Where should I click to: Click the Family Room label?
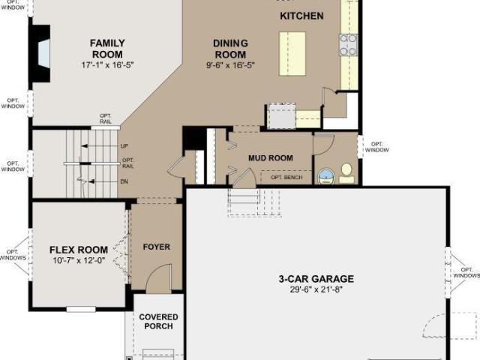[107, 49]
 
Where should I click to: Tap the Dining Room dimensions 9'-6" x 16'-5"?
[230, 65]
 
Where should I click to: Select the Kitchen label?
[301, 16]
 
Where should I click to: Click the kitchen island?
[292, 53]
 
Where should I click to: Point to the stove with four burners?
[348, 45]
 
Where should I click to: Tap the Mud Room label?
[271, 158]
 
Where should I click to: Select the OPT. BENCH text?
[286, 177]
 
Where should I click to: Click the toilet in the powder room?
[346, 173]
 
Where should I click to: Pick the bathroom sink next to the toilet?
[327, 177]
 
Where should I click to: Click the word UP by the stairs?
[124, 146]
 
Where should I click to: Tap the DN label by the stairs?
[124, 181]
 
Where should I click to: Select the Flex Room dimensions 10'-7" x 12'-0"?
[79, 260]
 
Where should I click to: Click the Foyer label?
[157, 247]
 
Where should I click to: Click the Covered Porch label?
[158, 322]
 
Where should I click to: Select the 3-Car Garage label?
[316, 279]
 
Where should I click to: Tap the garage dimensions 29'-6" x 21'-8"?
[316, 289]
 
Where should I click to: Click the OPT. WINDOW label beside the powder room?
[376, 147]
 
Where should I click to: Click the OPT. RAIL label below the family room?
[105, 118]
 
